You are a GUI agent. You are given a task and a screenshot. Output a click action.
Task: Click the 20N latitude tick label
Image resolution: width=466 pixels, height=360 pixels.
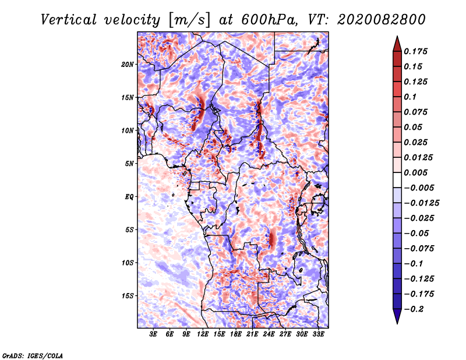[x=128, y=65]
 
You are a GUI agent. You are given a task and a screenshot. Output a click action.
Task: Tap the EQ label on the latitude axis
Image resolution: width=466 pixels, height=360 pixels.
[x=129, y=197]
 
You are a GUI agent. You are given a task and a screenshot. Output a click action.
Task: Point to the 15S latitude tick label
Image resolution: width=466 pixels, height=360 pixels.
[x=128, y=296]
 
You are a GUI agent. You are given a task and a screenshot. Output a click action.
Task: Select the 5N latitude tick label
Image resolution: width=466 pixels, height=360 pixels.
[x=129, y=164]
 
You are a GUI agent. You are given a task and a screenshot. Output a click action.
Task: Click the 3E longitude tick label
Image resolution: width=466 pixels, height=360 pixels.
[x=153, y=334]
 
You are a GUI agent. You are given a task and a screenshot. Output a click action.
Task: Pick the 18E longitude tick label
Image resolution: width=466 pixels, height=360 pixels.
[x=235, y=334]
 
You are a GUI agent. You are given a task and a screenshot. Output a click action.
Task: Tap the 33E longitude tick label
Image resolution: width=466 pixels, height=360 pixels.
[x=318, y=334]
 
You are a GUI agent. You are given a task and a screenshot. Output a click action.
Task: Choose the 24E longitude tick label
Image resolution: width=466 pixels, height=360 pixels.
[x=269, y=334]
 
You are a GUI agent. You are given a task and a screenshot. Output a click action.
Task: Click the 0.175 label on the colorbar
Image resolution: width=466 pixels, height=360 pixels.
[x=415, y=52]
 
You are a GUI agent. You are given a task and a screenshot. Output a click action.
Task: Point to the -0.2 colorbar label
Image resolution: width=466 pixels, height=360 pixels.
[x=414, y=309]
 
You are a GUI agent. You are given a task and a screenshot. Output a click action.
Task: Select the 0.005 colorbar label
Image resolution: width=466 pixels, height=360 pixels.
[x=415, y=172]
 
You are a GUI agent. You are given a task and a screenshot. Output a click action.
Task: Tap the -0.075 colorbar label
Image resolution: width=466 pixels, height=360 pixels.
[x=419, y=249]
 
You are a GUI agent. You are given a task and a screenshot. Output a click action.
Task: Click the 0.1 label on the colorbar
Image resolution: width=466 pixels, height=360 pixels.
[x=410, y=97]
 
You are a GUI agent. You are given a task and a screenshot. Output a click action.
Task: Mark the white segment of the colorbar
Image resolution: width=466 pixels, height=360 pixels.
[x=397, y=180]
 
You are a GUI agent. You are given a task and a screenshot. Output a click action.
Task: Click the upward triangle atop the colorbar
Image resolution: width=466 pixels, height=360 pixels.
[x=397, y=44]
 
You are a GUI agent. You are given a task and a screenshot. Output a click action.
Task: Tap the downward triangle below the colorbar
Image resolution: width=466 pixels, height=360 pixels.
[x=397, y=316]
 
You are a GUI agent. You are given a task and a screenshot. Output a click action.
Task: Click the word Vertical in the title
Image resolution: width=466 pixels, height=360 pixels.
[x=69, y=20]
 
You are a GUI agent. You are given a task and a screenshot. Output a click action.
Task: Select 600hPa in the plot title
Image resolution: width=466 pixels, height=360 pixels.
[x=269, y=20]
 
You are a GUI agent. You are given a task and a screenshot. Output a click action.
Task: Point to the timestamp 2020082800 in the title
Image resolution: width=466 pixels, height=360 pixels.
[x=382, y=20]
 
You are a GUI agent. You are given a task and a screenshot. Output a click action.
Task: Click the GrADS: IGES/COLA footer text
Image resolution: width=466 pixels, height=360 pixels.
[x=33, y=356]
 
